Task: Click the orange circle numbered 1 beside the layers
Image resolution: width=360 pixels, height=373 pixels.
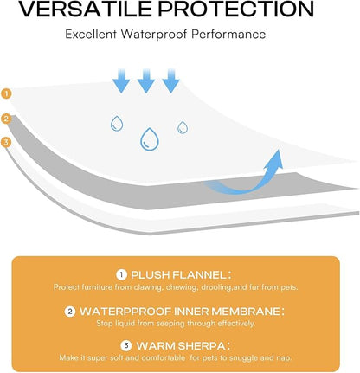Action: pos(6,93)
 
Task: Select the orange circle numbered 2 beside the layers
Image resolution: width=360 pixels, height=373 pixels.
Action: pos(6,119)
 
